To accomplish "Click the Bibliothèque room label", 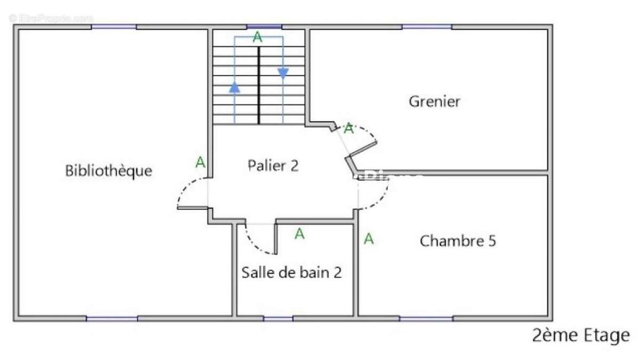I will tap(108, 171).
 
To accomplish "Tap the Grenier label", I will tap(434, 101).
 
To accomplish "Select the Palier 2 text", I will tap(273, 165).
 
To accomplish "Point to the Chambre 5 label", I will tap(458, 241).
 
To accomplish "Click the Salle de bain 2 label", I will tap(291, 273).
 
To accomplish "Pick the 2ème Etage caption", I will tap(580, 335).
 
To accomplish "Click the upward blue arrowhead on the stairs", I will tap(235, 87).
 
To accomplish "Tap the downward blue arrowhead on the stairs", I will tap(283, 74).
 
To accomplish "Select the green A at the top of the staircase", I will tap(258, 37).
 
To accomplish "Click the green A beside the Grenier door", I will tap(348, 129).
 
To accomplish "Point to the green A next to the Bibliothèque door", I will tap(200, 162).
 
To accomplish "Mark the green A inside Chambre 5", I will tap(369, 239).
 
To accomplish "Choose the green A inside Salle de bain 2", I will tap(300, 234).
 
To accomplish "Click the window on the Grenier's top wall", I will tap(427, 27).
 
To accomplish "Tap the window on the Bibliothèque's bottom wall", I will tap(112, 318).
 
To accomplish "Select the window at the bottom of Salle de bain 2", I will tap(278, 318).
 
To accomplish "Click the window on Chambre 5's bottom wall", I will tap(426, 318).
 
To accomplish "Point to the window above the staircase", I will tap(264, 27).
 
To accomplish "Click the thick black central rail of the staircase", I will tap(259, 85).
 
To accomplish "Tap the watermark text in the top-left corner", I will tap(51, 18).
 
